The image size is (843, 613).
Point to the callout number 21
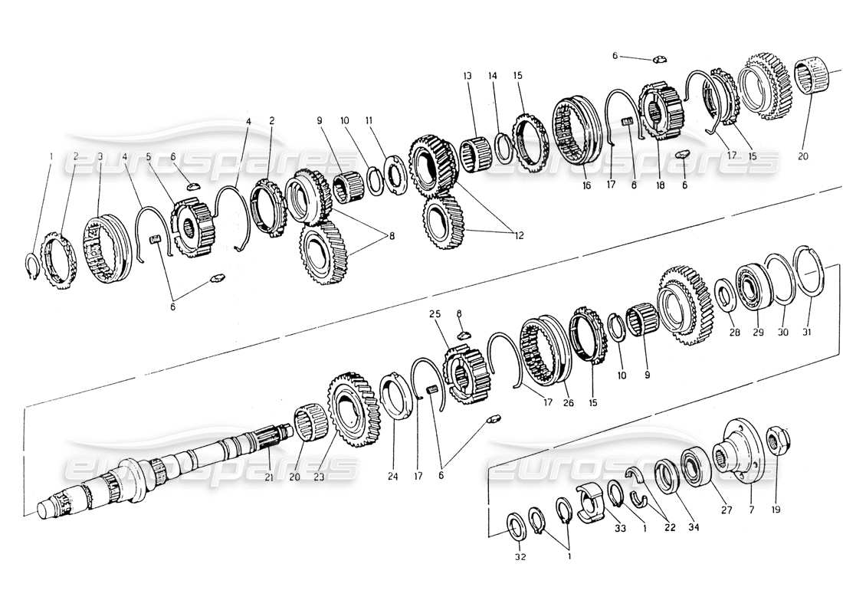(x=268, y=477)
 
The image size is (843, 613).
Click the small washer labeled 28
(x=723, y=295)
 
